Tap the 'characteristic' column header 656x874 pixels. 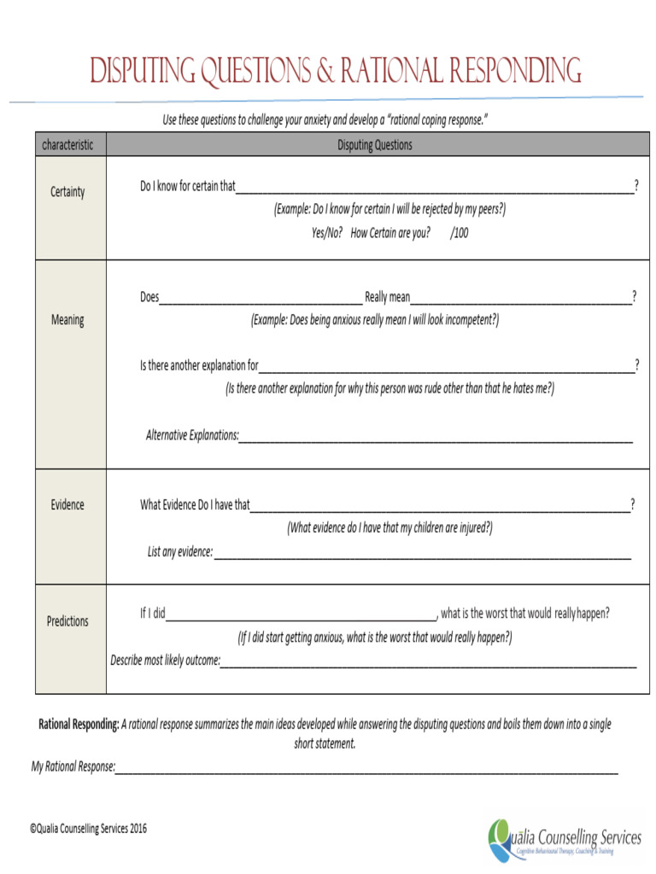click(x=67, y=144)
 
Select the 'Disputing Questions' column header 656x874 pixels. click(x=374, y=144)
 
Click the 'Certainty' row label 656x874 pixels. click(x=67, y=192)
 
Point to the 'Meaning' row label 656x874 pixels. click(x=67, y=320)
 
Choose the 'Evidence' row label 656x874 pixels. click(x=67, y=504)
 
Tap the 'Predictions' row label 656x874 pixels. click(x=67, y=621)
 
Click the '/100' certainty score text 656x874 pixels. click(x=460, y=232)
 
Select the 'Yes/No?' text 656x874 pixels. click(x=327, y=232)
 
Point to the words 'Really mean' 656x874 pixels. click(x=388, y=297)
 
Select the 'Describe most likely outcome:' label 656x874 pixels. click(x=165, y=660)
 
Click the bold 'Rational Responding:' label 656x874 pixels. click(x=79, y=725)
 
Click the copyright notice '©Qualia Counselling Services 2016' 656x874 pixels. click(x=88, y=828)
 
